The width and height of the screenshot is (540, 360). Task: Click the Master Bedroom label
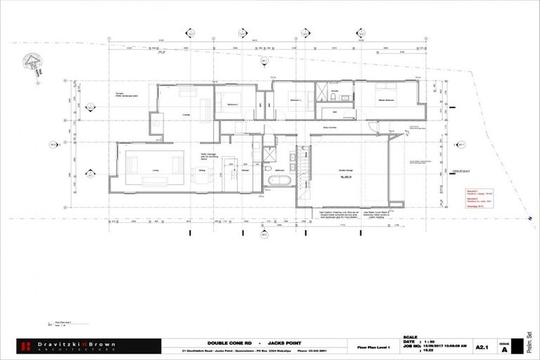click(385, 99)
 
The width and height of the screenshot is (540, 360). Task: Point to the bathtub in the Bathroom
click(279, 181)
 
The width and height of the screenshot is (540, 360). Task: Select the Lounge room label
click(186, 115)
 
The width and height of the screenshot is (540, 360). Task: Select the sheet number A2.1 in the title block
click(482, 346)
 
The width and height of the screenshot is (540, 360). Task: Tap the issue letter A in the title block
click(503, 348)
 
